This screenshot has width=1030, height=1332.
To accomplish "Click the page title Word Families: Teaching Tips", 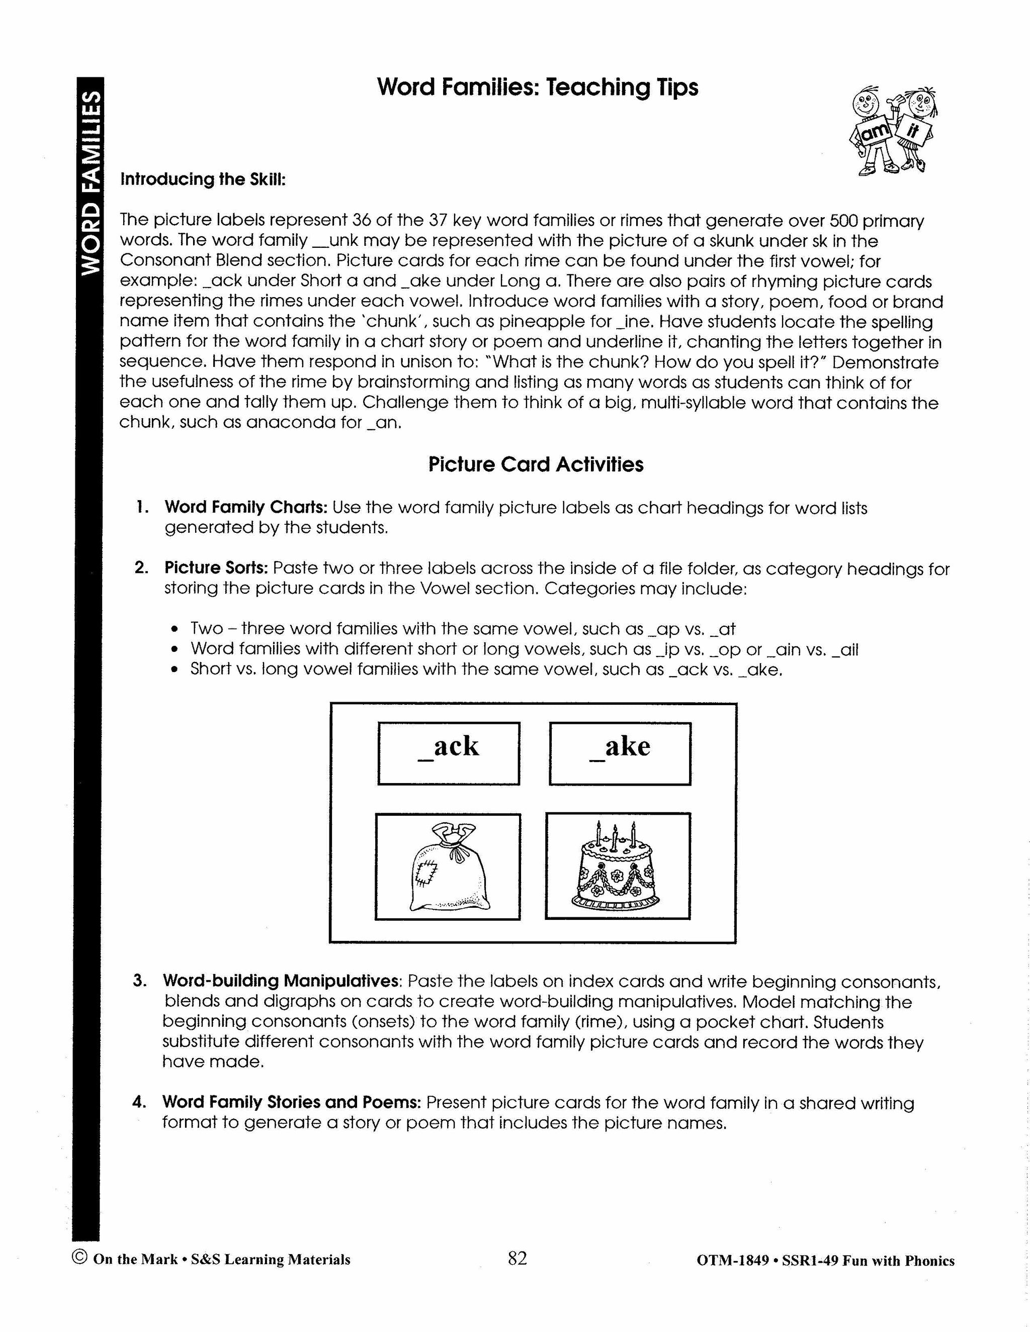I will click(537, 87).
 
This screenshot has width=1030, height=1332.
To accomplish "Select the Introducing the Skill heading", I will click(203, 179).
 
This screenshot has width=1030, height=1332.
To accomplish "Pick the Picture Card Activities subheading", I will click(535, 465).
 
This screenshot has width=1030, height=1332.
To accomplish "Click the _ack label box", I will click(449, 753).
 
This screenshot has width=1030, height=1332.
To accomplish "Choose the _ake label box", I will click(620, 753).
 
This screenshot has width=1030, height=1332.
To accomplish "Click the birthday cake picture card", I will click(618, 866).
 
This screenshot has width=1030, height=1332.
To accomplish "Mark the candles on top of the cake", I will click(616, 832).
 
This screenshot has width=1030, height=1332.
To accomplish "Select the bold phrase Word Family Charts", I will click(246, 508).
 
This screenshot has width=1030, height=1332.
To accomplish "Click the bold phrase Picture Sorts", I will click(216, 568).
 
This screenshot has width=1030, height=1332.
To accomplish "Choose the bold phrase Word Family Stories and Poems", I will click(292, 1103).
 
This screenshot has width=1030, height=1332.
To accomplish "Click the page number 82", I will click(517, 1258).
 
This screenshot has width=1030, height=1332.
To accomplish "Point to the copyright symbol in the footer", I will click(79, 1258).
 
